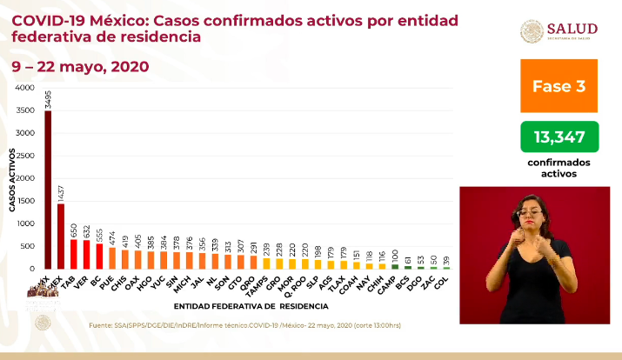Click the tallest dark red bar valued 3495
[48, 190]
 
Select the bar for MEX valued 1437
[61, 236]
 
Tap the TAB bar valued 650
[73, 254]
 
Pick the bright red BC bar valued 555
[99, 256]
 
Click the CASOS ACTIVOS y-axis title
[13, 179]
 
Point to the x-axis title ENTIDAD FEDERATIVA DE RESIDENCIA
[251, 306]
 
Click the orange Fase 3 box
[558, 86]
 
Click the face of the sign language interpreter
[532, 211]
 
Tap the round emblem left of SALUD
[532, 31]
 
